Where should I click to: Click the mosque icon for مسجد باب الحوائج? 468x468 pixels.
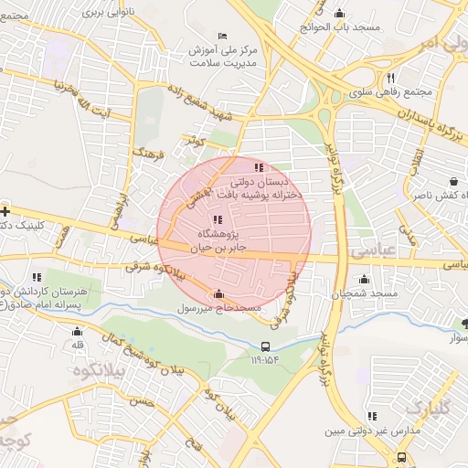click(x=339, y=13)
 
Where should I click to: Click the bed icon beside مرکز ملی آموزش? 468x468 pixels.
click(x=222, y=36)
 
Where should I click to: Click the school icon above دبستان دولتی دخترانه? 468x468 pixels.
click(x=259, y=167)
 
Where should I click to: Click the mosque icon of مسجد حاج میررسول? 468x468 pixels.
click(x=218, y=294)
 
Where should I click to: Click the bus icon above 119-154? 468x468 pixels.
click(x=265, y=346)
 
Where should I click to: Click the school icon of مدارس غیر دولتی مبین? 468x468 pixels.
click(x=372, y=416)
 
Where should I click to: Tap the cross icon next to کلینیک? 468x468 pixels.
click(x=5, y=210)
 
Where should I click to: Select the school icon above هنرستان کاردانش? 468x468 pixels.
click(x=37, y=276)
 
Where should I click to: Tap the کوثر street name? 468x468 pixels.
click(x=193, y=143)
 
